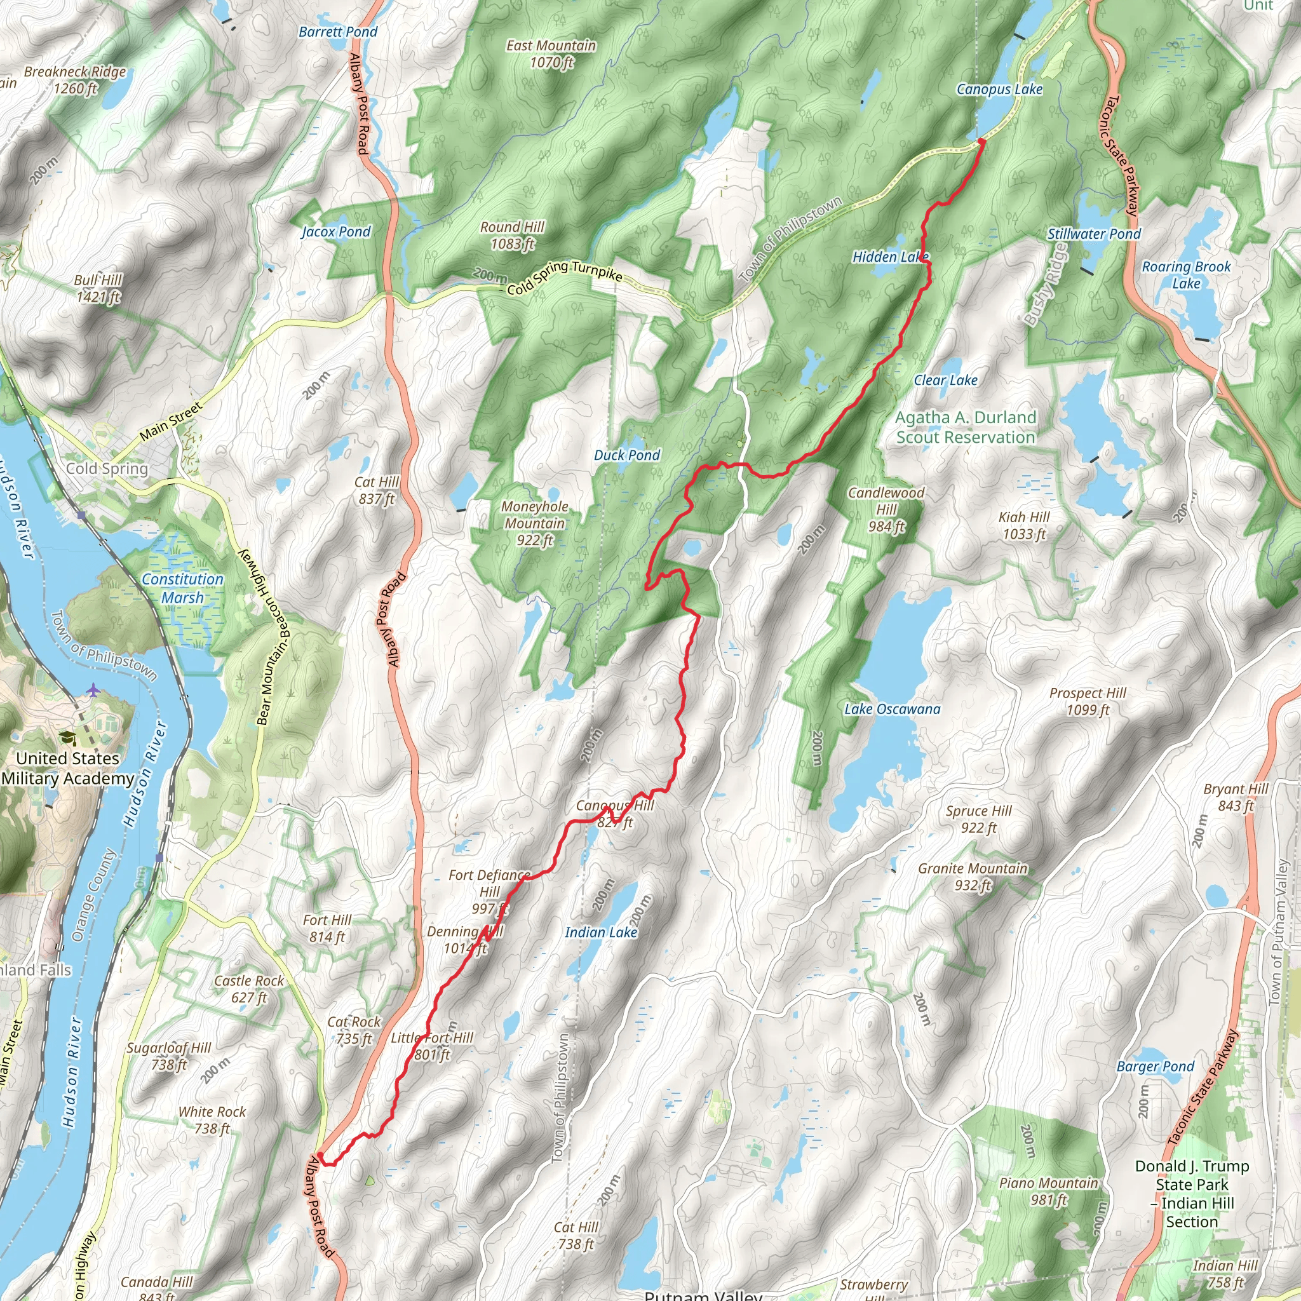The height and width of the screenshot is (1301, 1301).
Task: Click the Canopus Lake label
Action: [999, 90]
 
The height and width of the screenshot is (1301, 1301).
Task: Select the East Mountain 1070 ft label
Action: [551, 54]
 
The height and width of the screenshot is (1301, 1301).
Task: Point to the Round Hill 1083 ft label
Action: [512, 236]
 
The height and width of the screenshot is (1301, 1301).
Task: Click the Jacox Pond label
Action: [336, 233]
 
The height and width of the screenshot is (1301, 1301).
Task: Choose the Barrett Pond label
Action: [338, 32]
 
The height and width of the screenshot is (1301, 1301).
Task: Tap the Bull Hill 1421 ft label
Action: [98, 288]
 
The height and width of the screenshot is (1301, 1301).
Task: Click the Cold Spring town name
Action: [107, 469]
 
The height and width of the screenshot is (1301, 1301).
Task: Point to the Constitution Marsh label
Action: [182, 588]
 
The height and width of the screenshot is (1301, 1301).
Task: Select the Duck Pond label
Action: [626, 456]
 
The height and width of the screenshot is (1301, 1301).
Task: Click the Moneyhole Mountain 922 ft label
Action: [535, 523]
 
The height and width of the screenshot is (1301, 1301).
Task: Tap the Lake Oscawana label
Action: [893, 709]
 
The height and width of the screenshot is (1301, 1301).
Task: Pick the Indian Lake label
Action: [601, 932]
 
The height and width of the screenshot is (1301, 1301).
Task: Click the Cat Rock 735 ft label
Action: [354, 1030]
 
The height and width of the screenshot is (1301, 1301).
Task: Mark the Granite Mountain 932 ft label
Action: [973, 877]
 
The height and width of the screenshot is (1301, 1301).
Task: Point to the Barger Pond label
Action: [1155, 1067]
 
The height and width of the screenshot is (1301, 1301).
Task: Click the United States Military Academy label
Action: [67, 769]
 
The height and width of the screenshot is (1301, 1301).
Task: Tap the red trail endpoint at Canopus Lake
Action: [981, 141]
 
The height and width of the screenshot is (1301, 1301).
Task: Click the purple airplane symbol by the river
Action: [93, 691]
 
